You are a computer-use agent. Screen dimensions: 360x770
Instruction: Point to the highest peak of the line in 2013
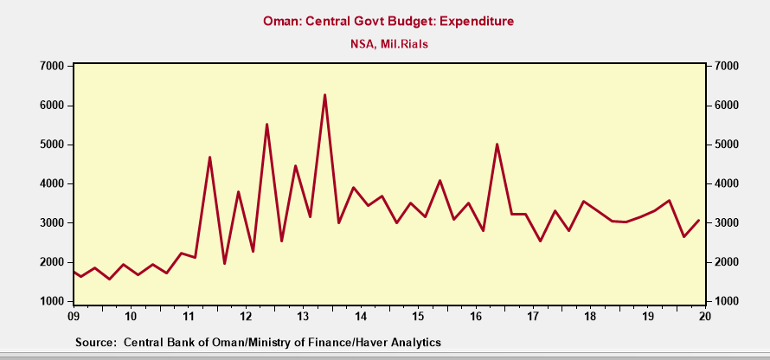pos(324,95)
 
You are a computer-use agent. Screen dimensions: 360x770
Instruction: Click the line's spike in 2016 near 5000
pos(497,145)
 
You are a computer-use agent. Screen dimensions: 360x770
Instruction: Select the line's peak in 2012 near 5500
pos(266,125)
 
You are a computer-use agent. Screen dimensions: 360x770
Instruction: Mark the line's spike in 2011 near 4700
pos(209,157)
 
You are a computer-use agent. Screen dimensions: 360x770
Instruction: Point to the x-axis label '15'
pos(418,315)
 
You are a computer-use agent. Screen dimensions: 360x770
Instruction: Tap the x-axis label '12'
pos(246,315)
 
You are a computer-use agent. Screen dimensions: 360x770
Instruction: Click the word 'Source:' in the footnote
pos(95,343)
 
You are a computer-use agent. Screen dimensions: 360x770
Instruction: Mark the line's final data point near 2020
pos(698,221)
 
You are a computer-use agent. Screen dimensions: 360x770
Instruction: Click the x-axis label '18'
pos(590,315)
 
